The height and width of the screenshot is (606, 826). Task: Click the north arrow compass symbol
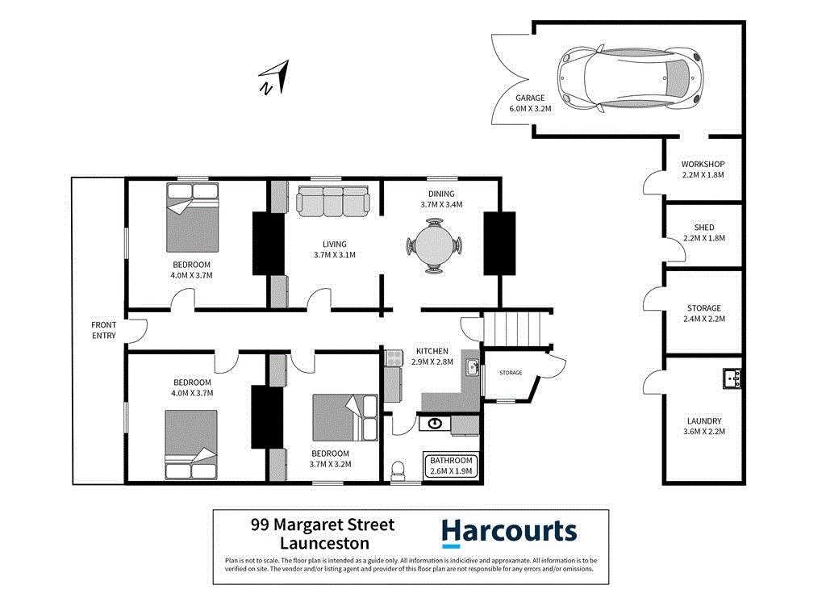[x=273, y=77]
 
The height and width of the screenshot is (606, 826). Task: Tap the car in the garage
[x=631, y=77]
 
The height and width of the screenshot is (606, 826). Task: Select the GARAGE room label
[x=530, y=98]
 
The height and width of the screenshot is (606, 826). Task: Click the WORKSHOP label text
[x=703, y=165]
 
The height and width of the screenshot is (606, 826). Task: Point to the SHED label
[x=703, y=228]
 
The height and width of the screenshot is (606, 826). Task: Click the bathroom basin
[x=436, y=423]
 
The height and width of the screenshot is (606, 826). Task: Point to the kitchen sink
[x=472, y=368]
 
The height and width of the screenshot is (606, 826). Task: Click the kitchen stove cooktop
[x=394, y=357]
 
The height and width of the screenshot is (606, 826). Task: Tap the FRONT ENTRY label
[x=104, y=330]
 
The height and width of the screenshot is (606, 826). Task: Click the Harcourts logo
[x=509, y=532]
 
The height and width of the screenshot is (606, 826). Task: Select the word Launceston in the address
[x=323, y=544]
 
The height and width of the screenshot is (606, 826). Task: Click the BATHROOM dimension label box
[x=450, y=466]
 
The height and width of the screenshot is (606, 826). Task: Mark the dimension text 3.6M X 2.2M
[x=703, y=432]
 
